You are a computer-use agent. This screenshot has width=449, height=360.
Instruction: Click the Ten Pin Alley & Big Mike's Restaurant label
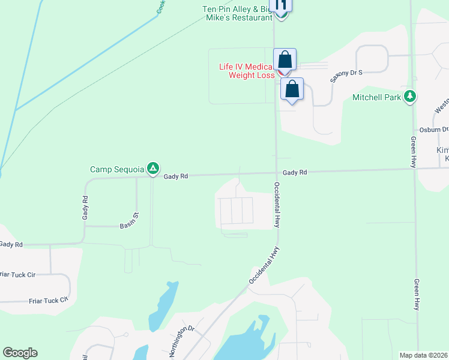[x=237, y=13]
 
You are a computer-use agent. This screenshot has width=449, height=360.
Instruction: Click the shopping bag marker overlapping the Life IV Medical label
[x=285, y=60]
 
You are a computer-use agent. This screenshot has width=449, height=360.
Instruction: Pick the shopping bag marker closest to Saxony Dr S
[x=292, y=89]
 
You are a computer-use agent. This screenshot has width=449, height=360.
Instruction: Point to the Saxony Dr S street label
[x=347, y=76]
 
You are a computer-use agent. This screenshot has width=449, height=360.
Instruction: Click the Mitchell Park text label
[x=376, y=97]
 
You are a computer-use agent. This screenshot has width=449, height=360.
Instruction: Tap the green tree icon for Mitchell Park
[x=411, y=96]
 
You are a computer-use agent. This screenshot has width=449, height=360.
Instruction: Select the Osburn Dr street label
[x=435, y=129]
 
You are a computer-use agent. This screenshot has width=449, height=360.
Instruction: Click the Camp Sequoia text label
[x=118, y=170]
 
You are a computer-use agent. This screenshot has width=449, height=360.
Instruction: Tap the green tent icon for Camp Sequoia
[x=154, y=169]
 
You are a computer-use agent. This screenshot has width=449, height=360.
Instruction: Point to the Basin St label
[x=129, y=224]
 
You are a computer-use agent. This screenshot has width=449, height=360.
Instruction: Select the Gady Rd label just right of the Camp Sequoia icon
[x=176, y=176]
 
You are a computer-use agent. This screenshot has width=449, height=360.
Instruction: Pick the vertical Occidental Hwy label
[x=277, y=204]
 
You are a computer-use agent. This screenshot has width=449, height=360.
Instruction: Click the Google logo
[x=20, y=353]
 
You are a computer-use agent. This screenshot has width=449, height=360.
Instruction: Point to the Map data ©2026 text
[x=424, y=355]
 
